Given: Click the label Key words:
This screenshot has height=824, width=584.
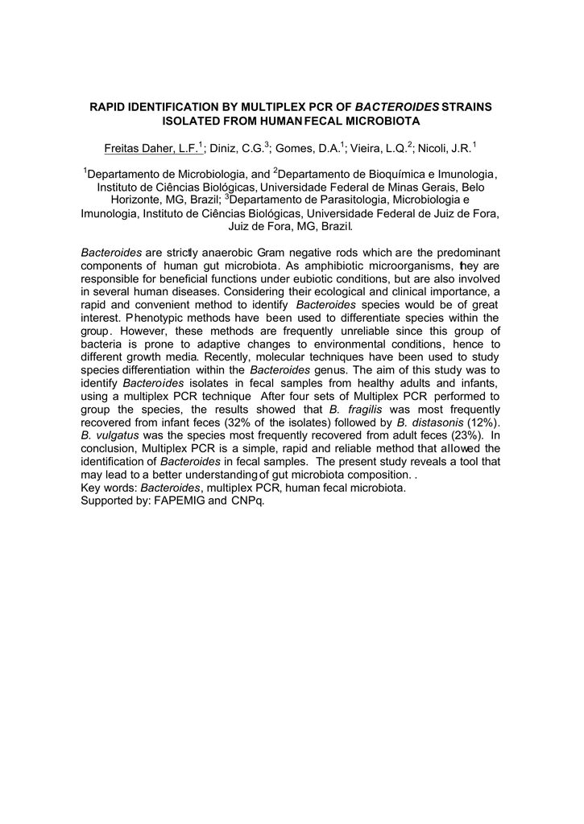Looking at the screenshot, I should coord(109,487).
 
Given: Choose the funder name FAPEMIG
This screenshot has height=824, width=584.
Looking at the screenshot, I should coord(180,500).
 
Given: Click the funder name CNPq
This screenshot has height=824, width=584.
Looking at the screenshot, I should coord(247,500).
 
